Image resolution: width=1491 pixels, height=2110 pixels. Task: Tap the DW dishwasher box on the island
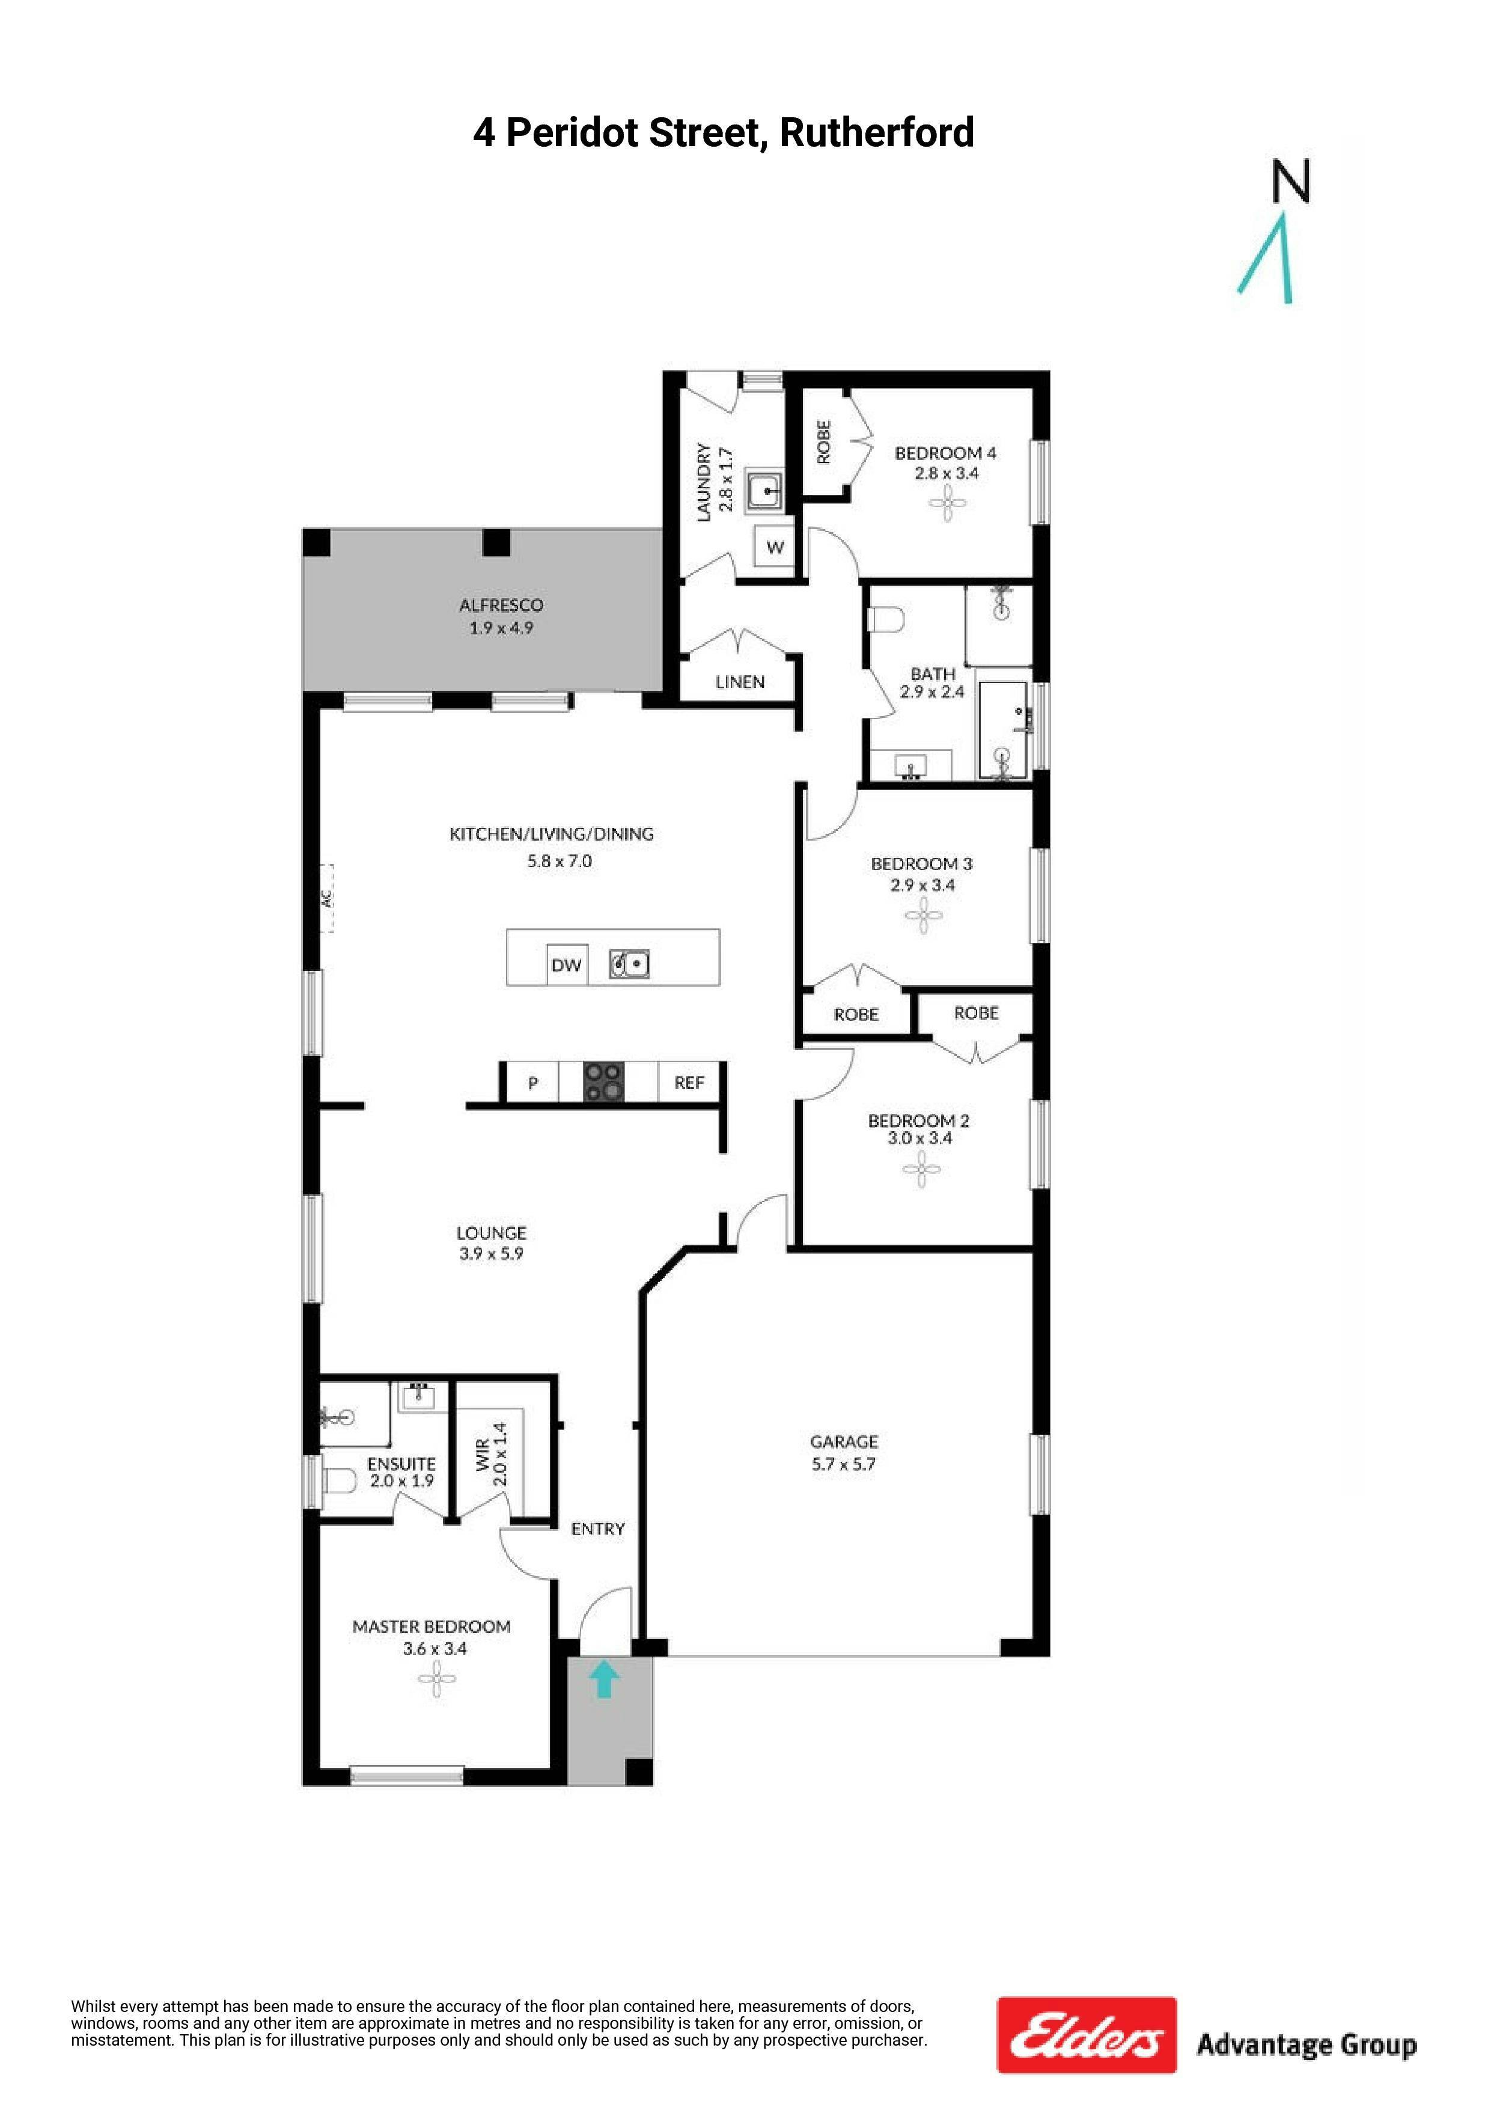tap(567, 965)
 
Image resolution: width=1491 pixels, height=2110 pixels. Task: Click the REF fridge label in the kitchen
tap(689, 1082)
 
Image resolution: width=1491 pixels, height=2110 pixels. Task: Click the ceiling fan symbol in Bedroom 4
tap(947, 501)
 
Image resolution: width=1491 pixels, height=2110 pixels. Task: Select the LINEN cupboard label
tap(740, 682)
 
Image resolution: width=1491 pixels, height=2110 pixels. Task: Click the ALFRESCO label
tap(502, 605)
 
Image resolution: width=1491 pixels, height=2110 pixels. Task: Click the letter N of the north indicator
tap(1291, 181)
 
